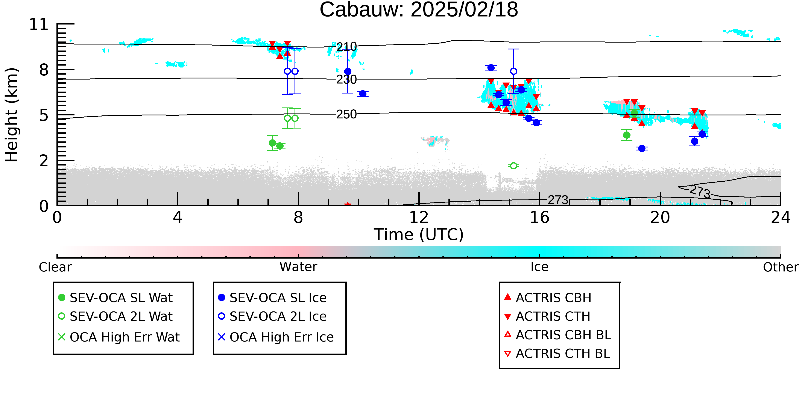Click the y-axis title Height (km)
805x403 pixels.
12,115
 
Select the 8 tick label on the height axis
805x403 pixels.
44,70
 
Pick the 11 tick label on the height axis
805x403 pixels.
39,25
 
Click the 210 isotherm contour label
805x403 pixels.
346,47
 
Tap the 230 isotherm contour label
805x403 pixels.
346,80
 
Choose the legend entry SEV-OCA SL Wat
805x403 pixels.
116,297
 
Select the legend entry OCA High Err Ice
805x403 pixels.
276,337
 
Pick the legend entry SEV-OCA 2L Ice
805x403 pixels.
272,316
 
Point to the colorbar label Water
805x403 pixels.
298,267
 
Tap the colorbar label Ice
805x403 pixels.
539,267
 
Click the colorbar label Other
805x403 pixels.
781,267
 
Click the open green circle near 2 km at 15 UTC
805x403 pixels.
513,166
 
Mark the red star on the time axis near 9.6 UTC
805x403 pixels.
348,205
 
